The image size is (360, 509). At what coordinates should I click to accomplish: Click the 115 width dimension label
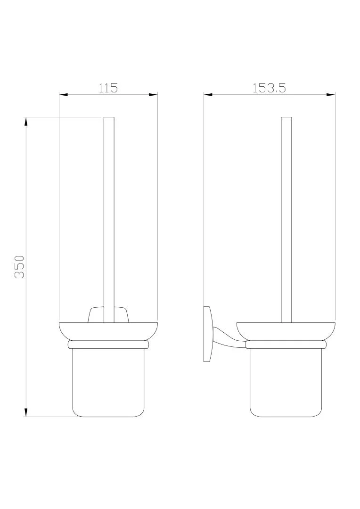[x=108, y=88]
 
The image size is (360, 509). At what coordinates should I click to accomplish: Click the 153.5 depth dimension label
[x=269, y=88]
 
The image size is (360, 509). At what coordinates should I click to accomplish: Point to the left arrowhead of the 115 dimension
[x=63, y=95]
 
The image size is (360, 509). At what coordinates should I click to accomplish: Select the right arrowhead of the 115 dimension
[x=153, y=95]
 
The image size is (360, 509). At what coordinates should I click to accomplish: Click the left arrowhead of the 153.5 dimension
[x=208, y=95]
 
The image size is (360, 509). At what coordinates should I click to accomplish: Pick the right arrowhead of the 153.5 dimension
[x=331, y=95]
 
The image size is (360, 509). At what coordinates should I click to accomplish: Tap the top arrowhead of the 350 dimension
[x=26, y=121]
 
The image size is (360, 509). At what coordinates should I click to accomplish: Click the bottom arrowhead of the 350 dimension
[x=26, y=412]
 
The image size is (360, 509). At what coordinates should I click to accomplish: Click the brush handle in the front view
[x=109, y=220]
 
